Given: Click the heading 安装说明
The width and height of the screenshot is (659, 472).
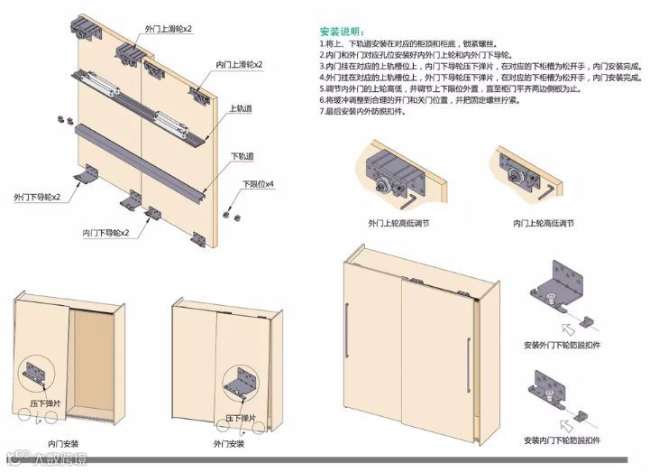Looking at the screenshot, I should (345, 31).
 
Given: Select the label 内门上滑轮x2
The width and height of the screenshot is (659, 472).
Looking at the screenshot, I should (239, 65).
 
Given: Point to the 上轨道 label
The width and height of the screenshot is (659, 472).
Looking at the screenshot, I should (240, 109).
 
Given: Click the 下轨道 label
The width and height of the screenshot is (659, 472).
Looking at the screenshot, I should (242, 156).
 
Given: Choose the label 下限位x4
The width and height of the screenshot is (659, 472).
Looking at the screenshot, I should (257, 185).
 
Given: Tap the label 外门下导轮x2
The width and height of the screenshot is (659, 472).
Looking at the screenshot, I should (37, 196).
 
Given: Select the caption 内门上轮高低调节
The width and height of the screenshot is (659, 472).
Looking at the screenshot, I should (543, 222).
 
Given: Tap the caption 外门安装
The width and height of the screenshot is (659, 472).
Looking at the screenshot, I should (229, 444).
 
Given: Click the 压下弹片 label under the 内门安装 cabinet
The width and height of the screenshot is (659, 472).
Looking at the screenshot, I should (46, 403).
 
